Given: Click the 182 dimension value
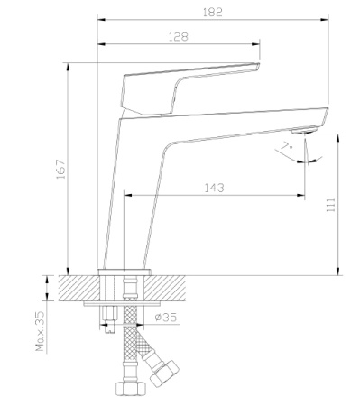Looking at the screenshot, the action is (x=213, y=12).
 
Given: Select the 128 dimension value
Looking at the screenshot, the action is (x=178, y=37).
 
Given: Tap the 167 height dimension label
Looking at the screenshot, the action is (x=61, y=170).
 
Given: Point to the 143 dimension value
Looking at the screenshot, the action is (x=214, y=188).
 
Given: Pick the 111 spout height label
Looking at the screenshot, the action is (x=331, y=205).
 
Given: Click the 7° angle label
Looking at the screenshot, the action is (x=287, y=147).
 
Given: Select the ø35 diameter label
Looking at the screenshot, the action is (x=166, y=317).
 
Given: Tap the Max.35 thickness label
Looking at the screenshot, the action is (x=40, y=331).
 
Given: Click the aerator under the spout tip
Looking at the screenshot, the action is (x=304, y=131).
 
